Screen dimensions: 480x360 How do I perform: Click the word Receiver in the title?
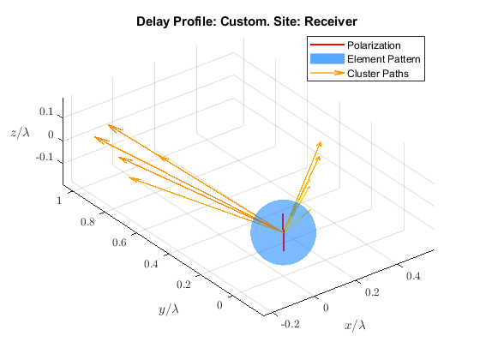tap(331, 21)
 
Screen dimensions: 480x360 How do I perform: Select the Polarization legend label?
tap(374, 45)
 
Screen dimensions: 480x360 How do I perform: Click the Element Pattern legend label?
tap(384, 59)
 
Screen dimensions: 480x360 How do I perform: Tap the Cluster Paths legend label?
tap(378, 74)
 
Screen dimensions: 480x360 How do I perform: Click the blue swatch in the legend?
tap(327, 59)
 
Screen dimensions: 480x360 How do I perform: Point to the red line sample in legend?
tap(327, 45)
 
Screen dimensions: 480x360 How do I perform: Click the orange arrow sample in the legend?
tap(327, 73)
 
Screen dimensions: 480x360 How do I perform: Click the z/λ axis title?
tap(21, 133)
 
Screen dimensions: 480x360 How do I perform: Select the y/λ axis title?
tap(169, 309)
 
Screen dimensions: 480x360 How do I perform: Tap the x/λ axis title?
tap(355, 325)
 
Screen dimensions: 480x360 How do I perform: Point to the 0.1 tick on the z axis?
tap(46, 111)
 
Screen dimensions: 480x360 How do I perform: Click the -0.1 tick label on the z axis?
tap(45, 158)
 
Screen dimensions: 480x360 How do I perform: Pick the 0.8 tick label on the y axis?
tap(87, 222)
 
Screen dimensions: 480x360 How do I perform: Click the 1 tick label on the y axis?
tap(59, 201)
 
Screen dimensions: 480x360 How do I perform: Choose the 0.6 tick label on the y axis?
tap(119, 243)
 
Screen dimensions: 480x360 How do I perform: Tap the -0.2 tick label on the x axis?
tap(290, 324)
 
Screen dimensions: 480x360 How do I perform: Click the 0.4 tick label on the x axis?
tap(413, 276)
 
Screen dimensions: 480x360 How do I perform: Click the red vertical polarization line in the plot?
tap(283, 232)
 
